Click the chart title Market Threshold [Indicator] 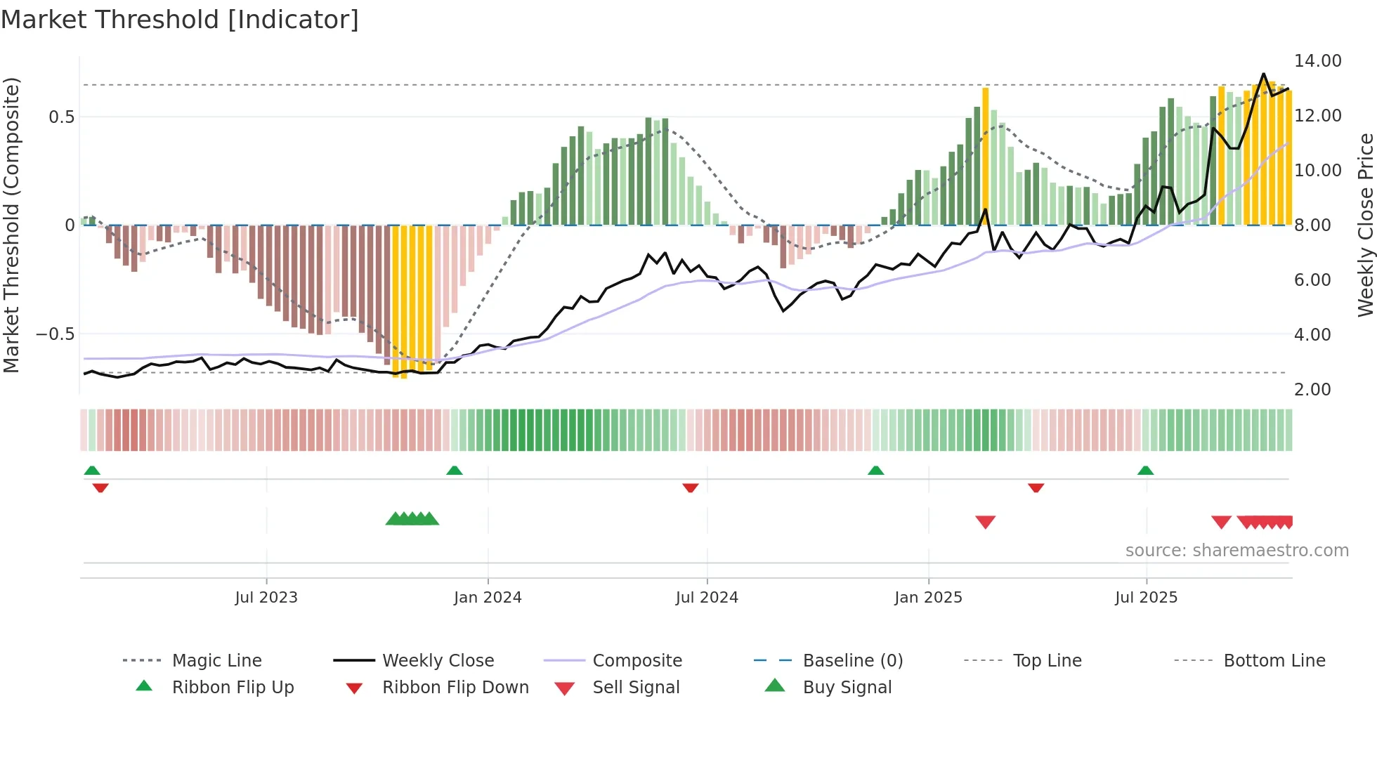pos(180,20)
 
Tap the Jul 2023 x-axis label pos(266,598)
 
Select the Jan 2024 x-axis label pos(488,598)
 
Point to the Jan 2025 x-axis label pos(928,598)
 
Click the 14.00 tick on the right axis pos(1317,61)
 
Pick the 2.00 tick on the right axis pos(1312,390)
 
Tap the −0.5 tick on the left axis pos(56,334)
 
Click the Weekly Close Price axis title pos(1365,225)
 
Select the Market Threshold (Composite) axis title pos(11,225)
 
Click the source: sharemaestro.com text pos(1236,551)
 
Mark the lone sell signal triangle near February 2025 pos(985,522)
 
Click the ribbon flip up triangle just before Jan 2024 pos(455,471)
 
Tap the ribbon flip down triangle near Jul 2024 pos(691,487)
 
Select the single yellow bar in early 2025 pos(985,156)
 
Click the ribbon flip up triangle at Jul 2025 pos(1145,471)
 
